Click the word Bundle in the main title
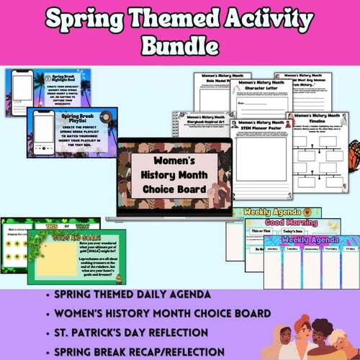(x=179, y=45)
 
